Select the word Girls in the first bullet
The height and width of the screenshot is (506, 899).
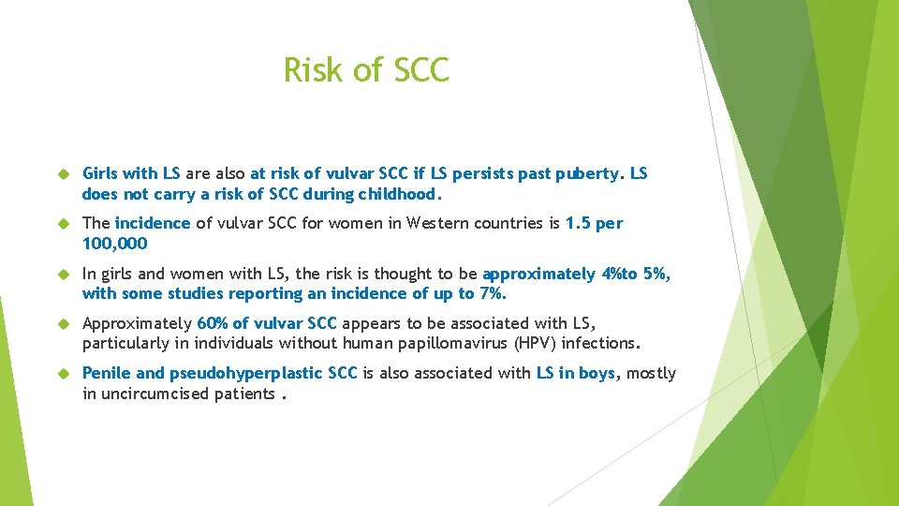tap(100, 173)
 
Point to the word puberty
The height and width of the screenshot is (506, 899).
tap(587, 173)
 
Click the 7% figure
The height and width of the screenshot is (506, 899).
tap(490, 294)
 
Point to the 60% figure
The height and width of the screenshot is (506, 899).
tap(214, 323)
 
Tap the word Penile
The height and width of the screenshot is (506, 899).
tap(106, 373)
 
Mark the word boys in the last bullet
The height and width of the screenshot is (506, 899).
tap(596, 373)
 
